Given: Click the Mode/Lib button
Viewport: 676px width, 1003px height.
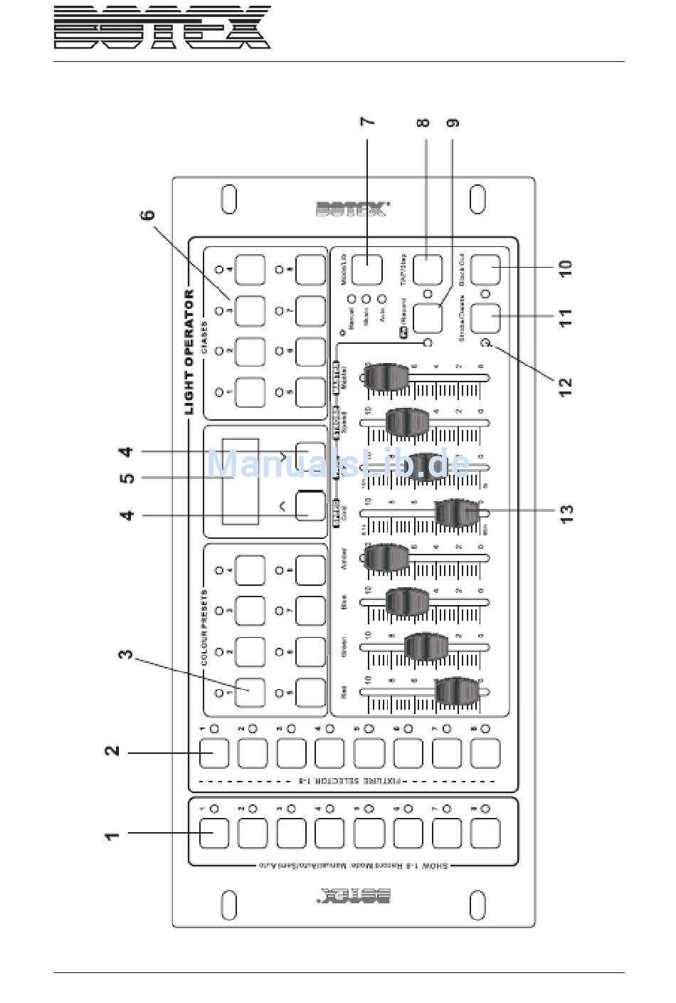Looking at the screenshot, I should click(x=367, y=270).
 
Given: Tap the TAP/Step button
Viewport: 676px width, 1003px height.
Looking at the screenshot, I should click(x=427, y=270).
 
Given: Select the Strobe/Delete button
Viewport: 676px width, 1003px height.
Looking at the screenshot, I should click(x=485, y=317).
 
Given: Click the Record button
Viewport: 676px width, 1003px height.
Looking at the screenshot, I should click(x=427, y=317).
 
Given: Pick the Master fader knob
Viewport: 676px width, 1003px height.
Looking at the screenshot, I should click(x=388, y=377).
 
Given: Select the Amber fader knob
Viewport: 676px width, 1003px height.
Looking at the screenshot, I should click(x=388, y=558).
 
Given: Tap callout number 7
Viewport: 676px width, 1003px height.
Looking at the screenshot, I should click(x=367, y=122).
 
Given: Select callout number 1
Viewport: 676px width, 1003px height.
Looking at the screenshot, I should click(x=112, y=834).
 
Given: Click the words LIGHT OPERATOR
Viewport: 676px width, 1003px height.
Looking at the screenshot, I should click(x=189, y=352).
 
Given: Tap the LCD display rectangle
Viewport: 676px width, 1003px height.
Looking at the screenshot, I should click(x=240, y=481).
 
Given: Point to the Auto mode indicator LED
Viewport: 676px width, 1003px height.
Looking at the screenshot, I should click(x=381, y=300).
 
